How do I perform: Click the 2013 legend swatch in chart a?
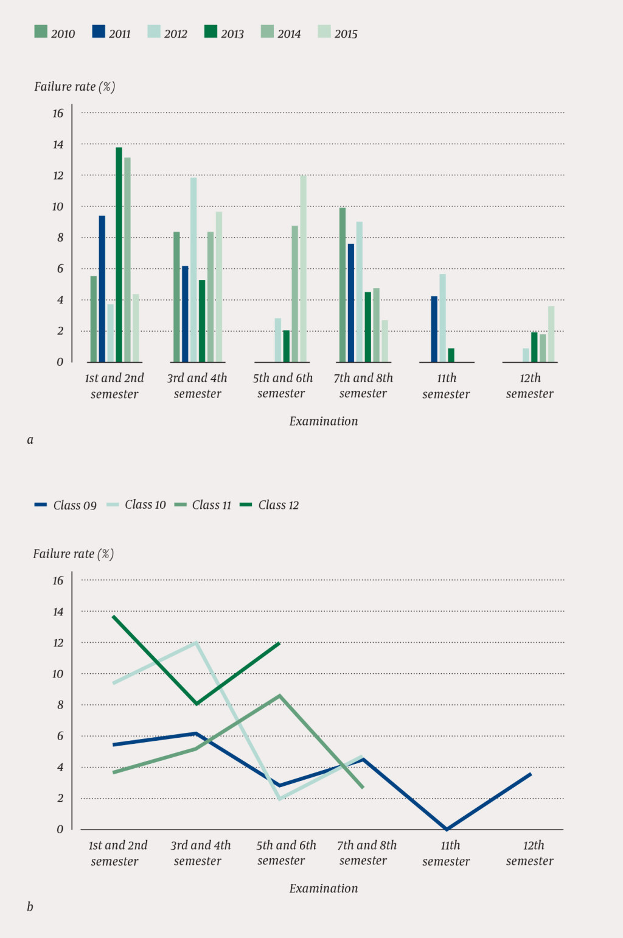point(211,32)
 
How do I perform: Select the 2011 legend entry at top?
point(111,33)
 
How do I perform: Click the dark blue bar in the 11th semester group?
point(434,329)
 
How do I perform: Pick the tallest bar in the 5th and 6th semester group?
point(303,269)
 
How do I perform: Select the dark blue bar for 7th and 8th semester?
point(351,303)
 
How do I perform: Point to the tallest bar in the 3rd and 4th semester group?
point(193,270)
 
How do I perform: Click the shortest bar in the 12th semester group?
point(526,355)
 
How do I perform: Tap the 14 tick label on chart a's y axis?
point(58,144)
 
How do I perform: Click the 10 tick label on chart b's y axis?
point(58,674)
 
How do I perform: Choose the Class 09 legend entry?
point(66,505)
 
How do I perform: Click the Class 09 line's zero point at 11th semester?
point(447,828)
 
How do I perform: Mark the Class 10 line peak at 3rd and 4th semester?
point(196,643)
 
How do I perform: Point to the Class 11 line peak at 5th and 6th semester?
point(279,695)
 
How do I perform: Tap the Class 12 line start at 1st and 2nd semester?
point(114,617)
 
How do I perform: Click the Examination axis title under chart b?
point(323,888)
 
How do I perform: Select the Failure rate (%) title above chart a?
point(74,86)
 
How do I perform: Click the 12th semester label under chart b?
point(529,853)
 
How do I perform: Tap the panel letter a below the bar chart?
point(30,439)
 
